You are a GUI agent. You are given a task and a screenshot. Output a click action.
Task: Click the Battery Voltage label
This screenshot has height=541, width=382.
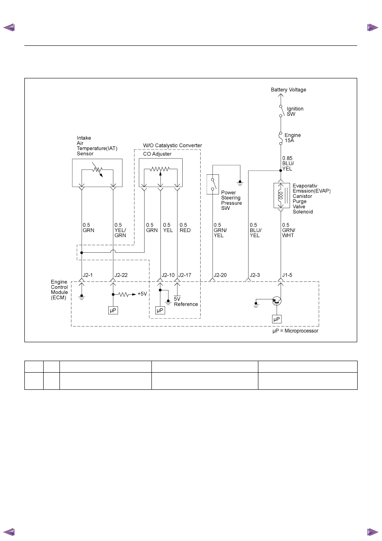288,90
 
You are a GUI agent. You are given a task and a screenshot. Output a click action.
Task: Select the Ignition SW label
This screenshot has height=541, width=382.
295,111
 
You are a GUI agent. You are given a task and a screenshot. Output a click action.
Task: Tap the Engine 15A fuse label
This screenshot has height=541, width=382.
292,137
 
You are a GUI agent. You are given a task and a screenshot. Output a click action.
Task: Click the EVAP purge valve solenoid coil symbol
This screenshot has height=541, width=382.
280,195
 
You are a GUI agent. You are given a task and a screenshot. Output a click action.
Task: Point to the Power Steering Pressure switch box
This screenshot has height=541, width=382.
213,184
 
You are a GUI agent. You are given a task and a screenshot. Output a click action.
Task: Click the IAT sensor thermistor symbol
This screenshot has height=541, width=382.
98,170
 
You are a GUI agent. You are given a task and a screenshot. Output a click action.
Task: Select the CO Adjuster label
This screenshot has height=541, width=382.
157,154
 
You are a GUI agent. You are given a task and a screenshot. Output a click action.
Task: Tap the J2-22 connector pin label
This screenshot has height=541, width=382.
121,275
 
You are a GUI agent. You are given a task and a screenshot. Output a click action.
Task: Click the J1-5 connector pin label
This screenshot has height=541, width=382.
287,275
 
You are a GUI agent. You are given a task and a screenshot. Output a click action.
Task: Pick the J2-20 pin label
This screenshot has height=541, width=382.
220,275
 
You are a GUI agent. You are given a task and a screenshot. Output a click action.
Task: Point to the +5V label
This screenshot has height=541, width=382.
142,294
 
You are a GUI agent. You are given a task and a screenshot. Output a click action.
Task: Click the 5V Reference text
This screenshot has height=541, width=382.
186,302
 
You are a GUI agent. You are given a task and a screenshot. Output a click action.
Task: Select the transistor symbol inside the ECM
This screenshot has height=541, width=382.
277,301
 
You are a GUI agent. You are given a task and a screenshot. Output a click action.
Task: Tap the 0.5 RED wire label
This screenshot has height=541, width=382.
185,227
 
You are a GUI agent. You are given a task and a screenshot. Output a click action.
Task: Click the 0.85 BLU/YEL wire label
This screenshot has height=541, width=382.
288,164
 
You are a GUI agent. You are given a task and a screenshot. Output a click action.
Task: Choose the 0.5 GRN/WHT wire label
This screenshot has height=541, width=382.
288,230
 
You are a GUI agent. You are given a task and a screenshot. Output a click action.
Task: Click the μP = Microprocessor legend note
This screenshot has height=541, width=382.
295,331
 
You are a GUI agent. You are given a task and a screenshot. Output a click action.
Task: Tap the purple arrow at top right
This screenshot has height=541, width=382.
373,27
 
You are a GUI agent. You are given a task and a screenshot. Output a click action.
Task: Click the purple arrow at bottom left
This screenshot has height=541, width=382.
9,532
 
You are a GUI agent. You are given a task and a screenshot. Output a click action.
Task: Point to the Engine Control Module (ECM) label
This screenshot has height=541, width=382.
59,290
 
